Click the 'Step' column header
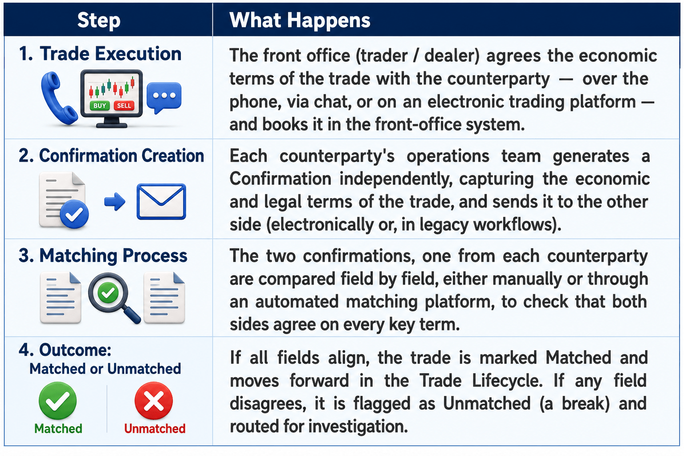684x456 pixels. tap(98, 20)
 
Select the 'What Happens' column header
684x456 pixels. tap(300, 20)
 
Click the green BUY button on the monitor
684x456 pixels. tap(100, 106)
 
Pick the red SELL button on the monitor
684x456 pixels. tap(124, 106)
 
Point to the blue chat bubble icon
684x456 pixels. tap(164, 97)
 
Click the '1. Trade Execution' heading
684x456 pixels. tap(100, 54)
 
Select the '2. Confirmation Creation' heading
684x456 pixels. tap(111, 155)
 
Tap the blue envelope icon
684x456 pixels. tap(161, 201)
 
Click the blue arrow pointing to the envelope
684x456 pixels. tap(115, 202)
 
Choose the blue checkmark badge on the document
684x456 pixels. tap(74, 214)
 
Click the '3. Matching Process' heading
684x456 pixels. tap(103, 255)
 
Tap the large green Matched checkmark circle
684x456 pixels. tap(58, 401)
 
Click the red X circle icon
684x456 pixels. tap(154, 401)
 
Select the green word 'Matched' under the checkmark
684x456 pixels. tap(58, 428)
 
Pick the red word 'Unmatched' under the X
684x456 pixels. tap(155, 428)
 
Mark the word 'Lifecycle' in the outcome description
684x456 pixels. tap(507, 381)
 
